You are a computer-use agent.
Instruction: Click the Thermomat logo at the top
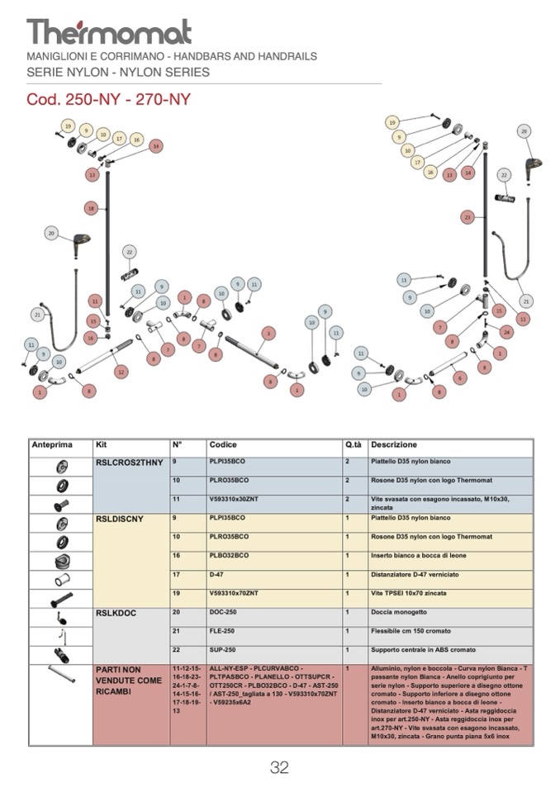pyautogui.click(x=109, y=31)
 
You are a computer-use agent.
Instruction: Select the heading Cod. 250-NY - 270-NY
pyautogui.click(x=109, y=100)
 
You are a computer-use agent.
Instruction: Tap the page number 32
pyautogui.click(x=279, y=768)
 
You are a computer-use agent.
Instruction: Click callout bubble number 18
pyautogui.click(x=91, y=208)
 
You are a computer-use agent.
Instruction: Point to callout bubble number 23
pyautogui.click(x=467, y=217)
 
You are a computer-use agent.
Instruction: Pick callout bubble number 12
pyautogui.click(x=121, y=372)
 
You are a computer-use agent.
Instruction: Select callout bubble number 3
pyautogui.click(x=268, y=333)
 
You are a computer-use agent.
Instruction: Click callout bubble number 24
pyautogui.click(x=506, y=332)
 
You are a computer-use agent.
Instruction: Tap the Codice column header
pyautogui.click(x=223, y=445)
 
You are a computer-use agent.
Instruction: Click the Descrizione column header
pyautogui.click(x=394, y=445)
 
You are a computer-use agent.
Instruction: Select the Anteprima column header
pyautogui.click(x=52, y=445)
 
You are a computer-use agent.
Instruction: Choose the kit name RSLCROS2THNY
pyautogui.click(x=130, y=462)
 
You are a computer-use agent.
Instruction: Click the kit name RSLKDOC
pyautogui.click(x=116, y=613)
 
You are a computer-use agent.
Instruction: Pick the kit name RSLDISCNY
pyautogui.click(x=120, y=519)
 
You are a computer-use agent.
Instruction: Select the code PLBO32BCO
pyautogui.click(x=230, y=556)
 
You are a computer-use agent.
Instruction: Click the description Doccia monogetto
pyautogui.click(x=400, y=613)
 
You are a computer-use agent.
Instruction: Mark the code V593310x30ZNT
pyautogui.click(x=235, y=499)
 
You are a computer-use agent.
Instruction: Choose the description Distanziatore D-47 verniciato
pyautogui.click(x=414, y=575)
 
